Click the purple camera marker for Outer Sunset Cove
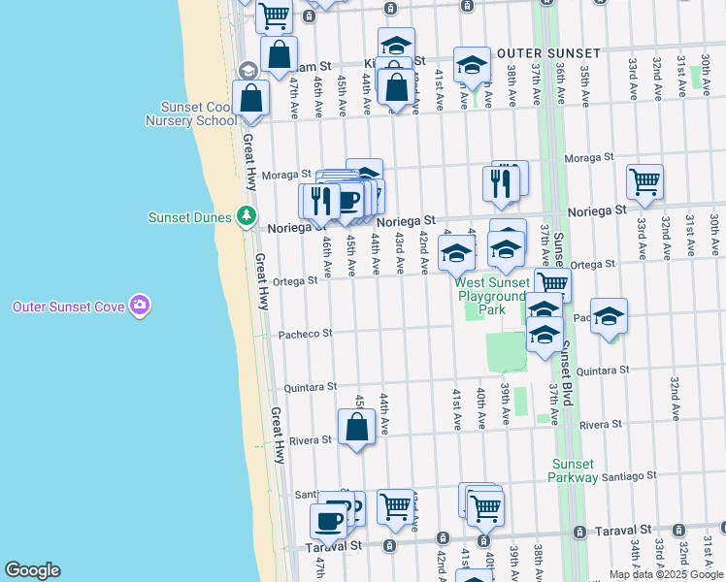coord(140,307)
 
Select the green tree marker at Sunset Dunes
coord(248,215)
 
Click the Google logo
coord(32,570)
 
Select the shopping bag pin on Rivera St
coord(356,427)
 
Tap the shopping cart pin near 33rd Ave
coord(644,181)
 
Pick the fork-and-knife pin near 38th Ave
coord(500,182)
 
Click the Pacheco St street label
coord(306,333)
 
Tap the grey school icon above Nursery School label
coord(247,71)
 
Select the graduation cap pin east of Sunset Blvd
coord(609,316)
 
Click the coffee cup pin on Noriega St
coord(348,200)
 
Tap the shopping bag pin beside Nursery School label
coord(250,99)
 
